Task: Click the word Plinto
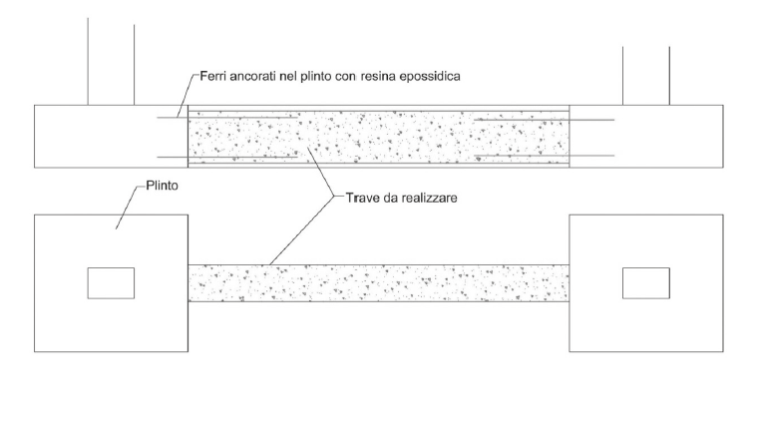pyautogui.click(x=156, y=185)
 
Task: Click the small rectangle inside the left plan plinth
pyautogui.click(x=111, y=282)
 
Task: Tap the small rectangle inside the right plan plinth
pyautogui.click(x=645, y=282)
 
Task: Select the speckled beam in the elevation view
pyautogui.click(x=379, y=135)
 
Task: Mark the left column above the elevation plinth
pyautogui.click(x=111, y=60)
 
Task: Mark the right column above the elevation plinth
pyautogui.click(x=645, y=75)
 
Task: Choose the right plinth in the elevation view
pyautogui.click(x=678, y=135)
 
